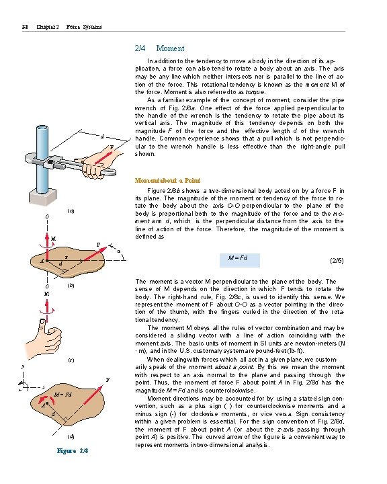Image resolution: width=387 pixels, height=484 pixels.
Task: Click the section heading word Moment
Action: coord(170,48)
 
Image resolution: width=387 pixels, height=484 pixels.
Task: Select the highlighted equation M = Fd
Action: coord(239,260)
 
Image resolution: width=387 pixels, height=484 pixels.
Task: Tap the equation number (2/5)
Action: coord(337,261)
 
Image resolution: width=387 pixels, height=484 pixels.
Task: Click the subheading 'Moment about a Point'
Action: coord(167,181)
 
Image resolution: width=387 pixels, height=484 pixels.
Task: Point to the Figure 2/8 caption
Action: coord(73,450)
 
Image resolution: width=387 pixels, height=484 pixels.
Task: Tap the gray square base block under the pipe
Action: coord(42,196)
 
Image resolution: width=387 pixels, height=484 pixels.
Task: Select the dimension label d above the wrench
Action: coord(102,136)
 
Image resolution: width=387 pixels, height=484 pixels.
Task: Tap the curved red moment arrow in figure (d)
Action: coord(46,399)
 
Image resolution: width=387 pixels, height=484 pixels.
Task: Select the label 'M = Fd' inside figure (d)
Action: coord(62,395)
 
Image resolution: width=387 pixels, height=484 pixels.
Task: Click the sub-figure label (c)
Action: coord(71,360)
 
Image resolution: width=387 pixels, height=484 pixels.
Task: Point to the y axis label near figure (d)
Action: coord(23,367)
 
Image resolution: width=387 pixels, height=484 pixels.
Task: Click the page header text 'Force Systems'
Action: coord(84,27)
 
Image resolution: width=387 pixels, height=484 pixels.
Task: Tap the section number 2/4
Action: coord(140,48)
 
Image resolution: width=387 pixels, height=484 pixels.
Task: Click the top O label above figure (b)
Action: coord(47,216)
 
